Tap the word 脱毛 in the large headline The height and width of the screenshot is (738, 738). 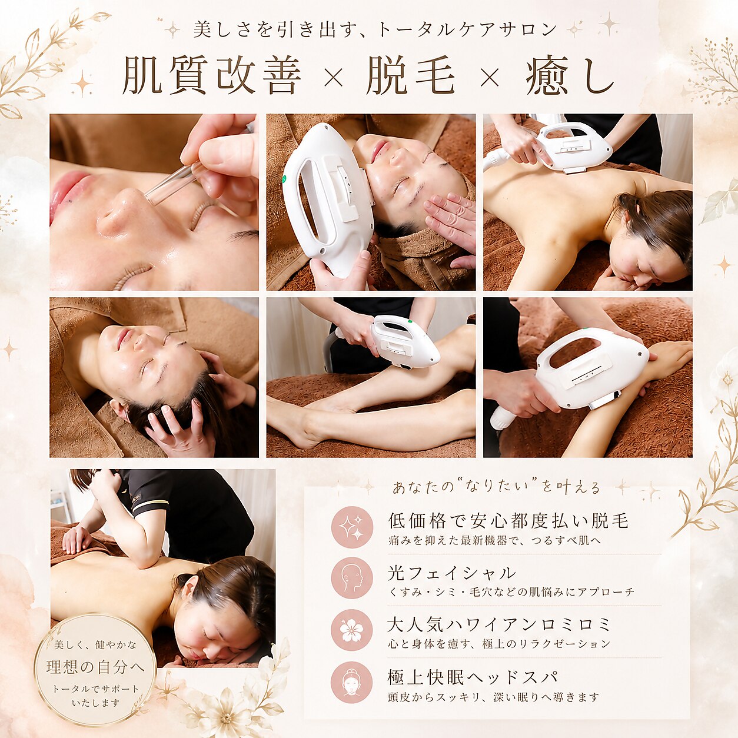[x=411, y=75]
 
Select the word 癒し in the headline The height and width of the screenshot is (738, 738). [x=570, y=75]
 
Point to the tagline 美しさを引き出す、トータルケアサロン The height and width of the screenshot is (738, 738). [x=374, y=29]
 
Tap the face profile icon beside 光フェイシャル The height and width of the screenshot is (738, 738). [x=352, y=579]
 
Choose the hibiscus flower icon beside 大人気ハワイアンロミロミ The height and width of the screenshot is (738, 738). [x=352, y=630]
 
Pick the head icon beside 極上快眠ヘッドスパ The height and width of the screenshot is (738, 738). [x=352, y=682]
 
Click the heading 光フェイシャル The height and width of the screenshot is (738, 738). [x=451, y=573]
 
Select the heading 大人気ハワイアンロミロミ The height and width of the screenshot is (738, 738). [x=498, y=625]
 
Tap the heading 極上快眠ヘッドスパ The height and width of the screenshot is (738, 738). [x=471, y=677]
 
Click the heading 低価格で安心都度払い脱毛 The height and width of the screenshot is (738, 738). [x=508, y=521]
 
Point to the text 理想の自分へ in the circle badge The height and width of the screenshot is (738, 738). [x=95, y=667]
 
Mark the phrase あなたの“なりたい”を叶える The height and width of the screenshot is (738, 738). [x=496, y=487]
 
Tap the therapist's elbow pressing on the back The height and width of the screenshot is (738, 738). [x=148, y=560]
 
